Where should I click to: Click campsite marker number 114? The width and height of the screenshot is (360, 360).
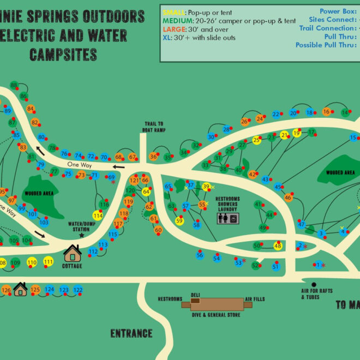coord(98,215)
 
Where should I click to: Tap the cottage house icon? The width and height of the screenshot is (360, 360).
coord(73,254)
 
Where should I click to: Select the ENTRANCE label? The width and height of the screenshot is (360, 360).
coord(131,333)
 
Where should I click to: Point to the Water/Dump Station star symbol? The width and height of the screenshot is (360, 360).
coord(82,236)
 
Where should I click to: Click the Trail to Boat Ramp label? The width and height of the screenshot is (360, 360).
coord(154,127)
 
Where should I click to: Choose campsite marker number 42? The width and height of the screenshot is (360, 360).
coord(252,175)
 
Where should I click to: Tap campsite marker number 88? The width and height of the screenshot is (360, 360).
coord(14,86)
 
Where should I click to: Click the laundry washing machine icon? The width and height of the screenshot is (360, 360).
coord(233,218)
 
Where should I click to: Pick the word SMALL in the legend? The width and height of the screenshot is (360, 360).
coord(174,11)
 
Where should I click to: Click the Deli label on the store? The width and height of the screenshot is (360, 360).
coord(195,295)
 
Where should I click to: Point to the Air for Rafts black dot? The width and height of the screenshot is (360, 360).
coord(314,284)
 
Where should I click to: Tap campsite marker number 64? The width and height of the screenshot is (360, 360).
coord(146,191)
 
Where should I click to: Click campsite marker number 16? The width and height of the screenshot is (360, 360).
coord(326,112)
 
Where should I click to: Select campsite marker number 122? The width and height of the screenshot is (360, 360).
coord(77,290)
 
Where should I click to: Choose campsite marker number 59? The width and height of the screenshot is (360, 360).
coord(179,220)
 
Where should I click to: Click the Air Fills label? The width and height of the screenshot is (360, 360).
coord(255,299)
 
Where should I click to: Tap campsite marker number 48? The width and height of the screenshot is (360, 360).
coord(278,246)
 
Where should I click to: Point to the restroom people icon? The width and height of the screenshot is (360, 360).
coord(223,218)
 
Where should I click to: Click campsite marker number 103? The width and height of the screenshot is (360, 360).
coord(44,223)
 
